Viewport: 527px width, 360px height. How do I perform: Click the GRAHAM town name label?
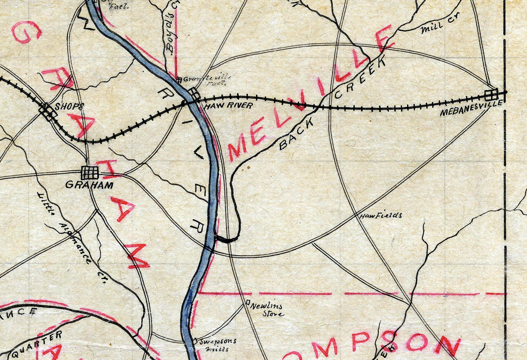(89, 185)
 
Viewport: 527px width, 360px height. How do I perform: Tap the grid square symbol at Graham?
(90, 173)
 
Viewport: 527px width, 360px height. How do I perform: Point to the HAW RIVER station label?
(228, 106)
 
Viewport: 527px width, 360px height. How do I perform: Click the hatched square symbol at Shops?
(48, 112)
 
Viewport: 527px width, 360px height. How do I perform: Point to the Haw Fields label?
(380, 215)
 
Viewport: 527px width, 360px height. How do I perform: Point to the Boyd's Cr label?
(169, 38)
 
